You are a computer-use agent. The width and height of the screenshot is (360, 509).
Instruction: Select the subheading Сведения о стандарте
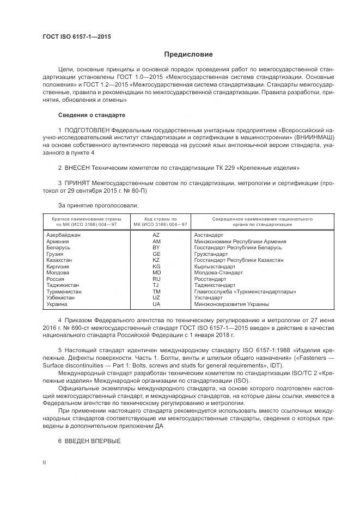(91, 115)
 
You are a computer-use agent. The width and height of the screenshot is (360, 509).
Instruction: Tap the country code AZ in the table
(156, 235)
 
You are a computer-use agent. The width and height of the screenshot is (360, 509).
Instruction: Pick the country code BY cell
(156, 248)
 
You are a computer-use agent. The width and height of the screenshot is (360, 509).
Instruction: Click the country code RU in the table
(156, 279)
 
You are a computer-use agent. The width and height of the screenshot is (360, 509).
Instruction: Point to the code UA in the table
(156, 304)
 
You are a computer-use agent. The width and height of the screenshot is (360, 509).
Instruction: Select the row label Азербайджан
(64, 235)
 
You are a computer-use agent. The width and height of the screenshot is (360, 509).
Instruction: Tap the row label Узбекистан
(62, 298)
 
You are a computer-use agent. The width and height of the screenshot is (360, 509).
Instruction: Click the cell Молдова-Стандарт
(218, 273)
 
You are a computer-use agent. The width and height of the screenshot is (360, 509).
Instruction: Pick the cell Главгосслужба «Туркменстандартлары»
(245, 292)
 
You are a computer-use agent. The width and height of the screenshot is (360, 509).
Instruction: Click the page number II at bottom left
(45, 462)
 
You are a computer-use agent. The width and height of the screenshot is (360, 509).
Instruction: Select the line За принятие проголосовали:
(90, 206)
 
